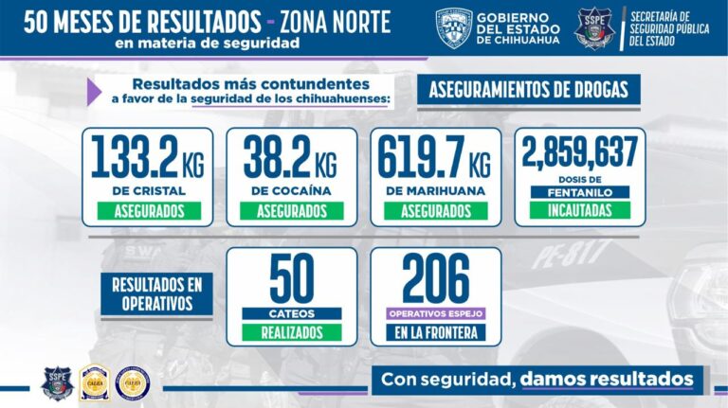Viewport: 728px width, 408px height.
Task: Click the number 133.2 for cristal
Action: pyautogui.click(x=135, y=157)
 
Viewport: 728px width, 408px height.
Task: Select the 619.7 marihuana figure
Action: pyautogui.click(x=421, y=157)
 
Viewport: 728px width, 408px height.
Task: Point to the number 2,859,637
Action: pyautogui.click(x=579, y=153)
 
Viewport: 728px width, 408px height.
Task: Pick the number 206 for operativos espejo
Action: pyautogui.click(x=435, y=278)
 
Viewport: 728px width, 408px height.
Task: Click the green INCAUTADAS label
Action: pyautogui.click(x=579, y=210)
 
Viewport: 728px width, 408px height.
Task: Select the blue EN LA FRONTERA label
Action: pyautogui.click(x=435, y=332)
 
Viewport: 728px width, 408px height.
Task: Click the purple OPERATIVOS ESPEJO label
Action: pyautogui.click(x=435, y=312)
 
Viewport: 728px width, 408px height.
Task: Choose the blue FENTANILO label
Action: pyautogui.click(x=579, y=191)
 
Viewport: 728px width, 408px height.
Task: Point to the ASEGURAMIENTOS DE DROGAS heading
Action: pyautogui.click(x=529, y=91)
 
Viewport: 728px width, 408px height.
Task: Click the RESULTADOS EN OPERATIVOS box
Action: pyautogui.click(x=151, y=293)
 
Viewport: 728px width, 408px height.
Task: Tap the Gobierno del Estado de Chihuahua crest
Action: pyautogui.click(x=454, y=27)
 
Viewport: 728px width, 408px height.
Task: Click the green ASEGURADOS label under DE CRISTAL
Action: pyautogui.click(x=149, y=210)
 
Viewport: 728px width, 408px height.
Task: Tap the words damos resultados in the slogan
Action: pyautogui.click(x=607, y=380)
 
